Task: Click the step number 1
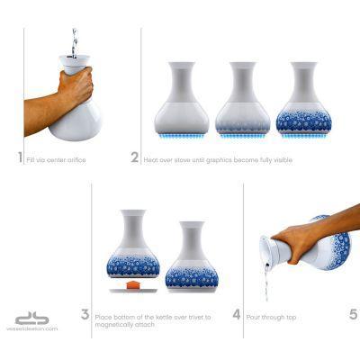tap(19, 157)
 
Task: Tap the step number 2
tap(134, 157)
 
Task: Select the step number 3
tap(85, 315)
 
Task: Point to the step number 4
tap(236, 315)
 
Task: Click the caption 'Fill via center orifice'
tap(51, 159)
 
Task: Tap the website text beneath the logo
tap(35, 329)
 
